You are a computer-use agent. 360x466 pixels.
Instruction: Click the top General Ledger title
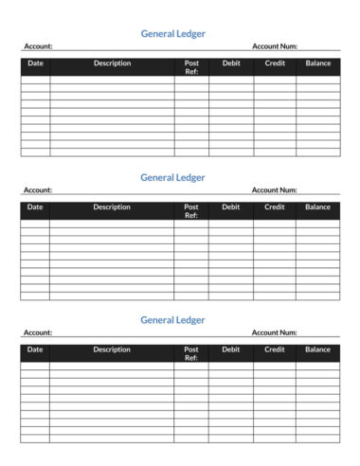click(x=172, y=33)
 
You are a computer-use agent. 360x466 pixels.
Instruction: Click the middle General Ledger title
click(x=172, y=177)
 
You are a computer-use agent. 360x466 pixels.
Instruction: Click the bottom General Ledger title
click(x=172, y=320)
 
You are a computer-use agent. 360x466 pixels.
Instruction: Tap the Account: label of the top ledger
click(x=38, y=45)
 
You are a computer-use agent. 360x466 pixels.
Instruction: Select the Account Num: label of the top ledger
click(x=275, y=45)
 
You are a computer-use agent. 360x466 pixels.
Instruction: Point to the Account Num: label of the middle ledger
click(x=275, y=189)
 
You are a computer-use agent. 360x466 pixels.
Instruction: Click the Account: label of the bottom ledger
click(x=38, y=332)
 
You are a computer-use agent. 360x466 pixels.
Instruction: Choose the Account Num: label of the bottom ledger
click(x=275, y=332)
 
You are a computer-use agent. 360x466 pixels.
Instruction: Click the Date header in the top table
click(x=35, y=63)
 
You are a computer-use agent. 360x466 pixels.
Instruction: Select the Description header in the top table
click(x=112, y=63)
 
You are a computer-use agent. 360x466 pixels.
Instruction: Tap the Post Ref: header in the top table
click(x=191, y=67)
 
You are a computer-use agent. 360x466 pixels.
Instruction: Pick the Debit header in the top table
click(x=231, y=63)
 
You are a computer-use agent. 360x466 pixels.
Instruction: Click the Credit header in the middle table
click(x=275, y=206)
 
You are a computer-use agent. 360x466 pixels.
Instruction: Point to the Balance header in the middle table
click(x=318, y=206)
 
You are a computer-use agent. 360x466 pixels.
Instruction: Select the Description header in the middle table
click(x=112, y=206)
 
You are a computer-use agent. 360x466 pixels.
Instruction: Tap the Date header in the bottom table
click(x=35, y=349)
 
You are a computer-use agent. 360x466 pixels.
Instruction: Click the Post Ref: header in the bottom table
click(x=191, y=353)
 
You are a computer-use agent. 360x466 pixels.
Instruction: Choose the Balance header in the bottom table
click(x=318, y=349)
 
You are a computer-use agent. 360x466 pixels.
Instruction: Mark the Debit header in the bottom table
click(x=231, y=349)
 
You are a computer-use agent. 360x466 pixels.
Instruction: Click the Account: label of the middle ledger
click(x=38, y=189)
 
